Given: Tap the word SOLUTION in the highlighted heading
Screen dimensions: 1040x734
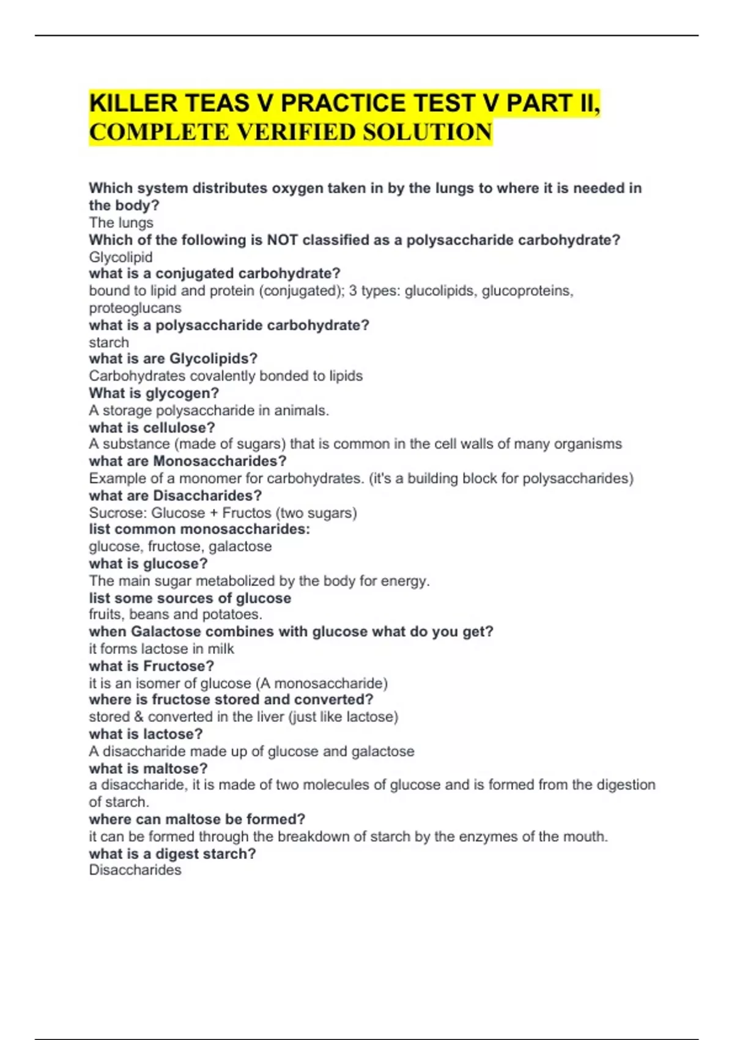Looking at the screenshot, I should coord(428,132).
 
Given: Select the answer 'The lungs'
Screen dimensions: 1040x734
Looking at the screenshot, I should coord(121,223).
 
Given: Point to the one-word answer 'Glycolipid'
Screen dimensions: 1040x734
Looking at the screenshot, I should coord(120,257).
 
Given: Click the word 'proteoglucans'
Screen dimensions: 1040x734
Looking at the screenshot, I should coord(135,308).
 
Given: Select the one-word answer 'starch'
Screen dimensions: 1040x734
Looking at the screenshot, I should coord(109,342).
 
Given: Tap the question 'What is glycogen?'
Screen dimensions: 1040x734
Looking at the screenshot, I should coord(154,393).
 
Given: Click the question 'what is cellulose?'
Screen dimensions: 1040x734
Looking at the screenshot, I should coord(152,427).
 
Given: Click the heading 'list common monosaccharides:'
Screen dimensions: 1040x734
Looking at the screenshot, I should coord(199,529).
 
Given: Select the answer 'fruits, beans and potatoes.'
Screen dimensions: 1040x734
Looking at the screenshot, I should coord(176,614).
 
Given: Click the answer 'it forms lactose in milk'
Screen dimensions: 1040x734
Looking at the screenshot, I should coord(161,648).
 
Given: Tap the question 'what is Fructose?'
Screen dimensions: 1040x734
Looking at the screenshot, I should coord(151,666).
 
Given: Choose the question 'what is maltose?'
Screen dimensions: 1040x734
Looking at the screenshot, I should coord(148,768).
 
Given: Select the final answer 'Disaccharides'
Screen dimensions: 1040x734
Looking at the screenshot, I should coord(135,870).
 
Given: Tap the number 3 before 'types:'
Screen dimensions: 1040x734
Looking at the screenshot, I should coord(353,291).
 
